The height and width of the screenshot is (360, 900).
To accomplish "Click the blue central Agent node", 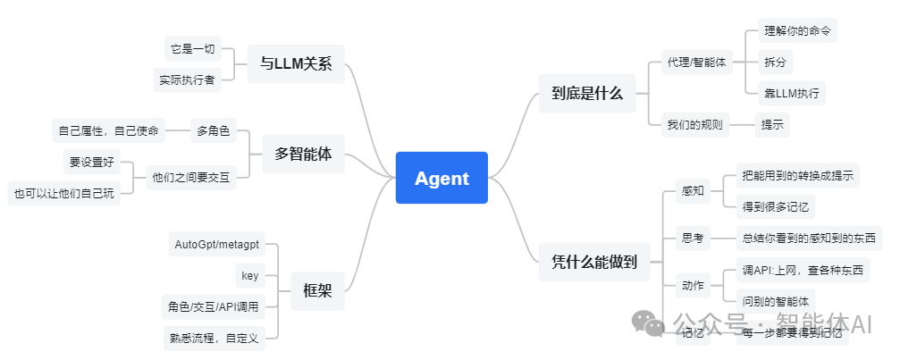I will pyautogui.click(x=442, y=178).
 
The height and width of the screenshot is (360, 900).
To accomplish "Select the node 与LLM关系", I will pyautogui.click(x=295, y=63).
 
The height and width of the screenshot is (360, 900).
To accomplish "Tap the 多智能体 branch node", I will pyautogui.click(x=303, y=154).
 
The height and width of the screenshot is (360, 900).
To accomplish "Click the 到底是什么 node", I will pyautogui.click(x=587, y=92).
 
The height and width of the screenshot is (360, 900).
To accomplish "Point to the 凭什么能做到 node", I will pyautogui.click(x=594, y=262).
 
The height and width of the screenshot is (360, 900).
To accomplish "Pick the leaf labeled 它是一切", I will pyautogui.click(x=193, y=48).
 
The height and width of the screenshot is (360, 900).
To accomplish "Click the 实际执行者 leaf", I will pyautogui.click(x=187, y=80).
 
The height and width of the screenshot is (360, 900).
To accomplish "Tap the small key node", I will pyautogui.click(x=249, y=275).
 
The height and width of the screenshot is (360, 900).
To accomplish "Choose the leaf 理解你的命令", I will pyautogui.click(x=797, y=31).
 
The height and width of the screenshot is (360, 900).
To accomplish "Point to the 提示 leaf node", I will pyautogui.click(x=772, y=124).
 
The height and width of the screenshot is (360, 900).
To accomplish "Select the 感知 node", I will pyautogui.click(x=693, y=190).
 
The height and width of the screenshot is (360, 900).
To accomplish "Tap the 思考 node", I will pyautogui.click(x=693, y=238).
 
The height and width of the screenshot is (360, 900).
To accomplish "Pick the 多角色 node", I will pyautogui.click(x=212, y=131).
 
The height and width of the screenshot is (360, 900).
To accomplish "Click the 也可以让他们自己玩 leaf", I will pyautogui.click(x=63, y=193).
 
